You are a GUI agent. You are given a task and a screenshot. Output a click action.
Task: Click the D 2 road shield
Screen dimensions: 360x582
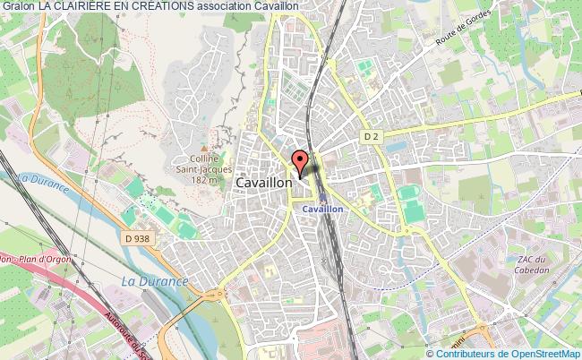372,135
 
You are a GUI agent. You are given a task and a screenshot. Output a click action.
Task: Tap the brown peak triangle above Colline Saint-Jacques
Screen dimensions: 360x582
204,149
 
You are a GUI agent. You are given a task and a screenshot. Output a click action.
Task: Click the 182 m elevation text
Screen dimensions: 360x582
203,180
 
